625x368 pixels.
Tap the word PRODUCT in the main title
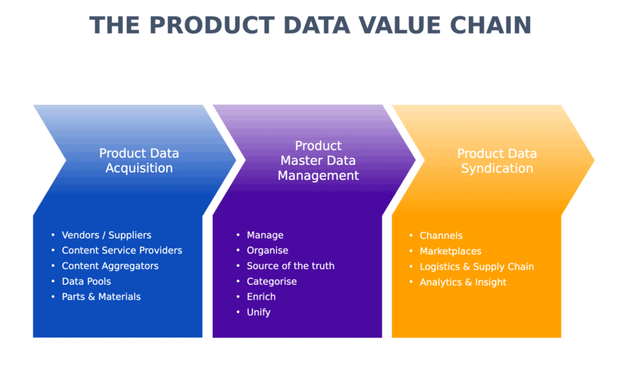[x=212, y=25]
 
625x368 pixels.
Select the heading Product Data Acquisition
[x=139, y=161]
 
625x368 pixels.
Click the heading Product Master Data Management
[x=318, y=161]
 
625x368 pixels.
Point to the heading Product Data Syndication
[x=497, y=161]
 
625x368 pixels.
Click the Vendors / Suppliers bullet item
[x=106, y=235]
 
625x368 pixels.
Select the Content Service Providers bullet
[x=122, y=250]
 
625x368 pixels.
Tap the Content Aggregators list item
[x=110, y=266]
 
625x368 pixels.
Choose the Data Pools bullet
[x=87, y=281]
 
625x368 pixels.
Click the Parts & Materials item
[x=101, y=297]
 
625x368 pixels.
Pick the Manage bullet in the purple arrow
[x=265, y=235]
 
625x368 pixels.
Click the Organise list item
[x=267, y=250]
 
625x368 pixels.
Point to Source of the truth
[x=291, y=266]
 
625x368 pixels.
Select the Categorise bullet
[x=272, y=281]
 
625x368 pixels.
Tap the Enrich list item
[x=261, y=297]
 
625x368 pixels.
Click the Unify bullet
[x=259, y=312]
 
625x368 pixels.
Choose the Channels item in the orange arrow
[x=441, y=236]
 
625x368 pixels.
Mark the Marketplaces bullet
[x=450, y=251]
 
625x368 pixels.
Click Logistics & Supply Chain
[x=477, y=267]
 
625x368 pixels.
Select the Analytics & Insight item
[x=463, y=283]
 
